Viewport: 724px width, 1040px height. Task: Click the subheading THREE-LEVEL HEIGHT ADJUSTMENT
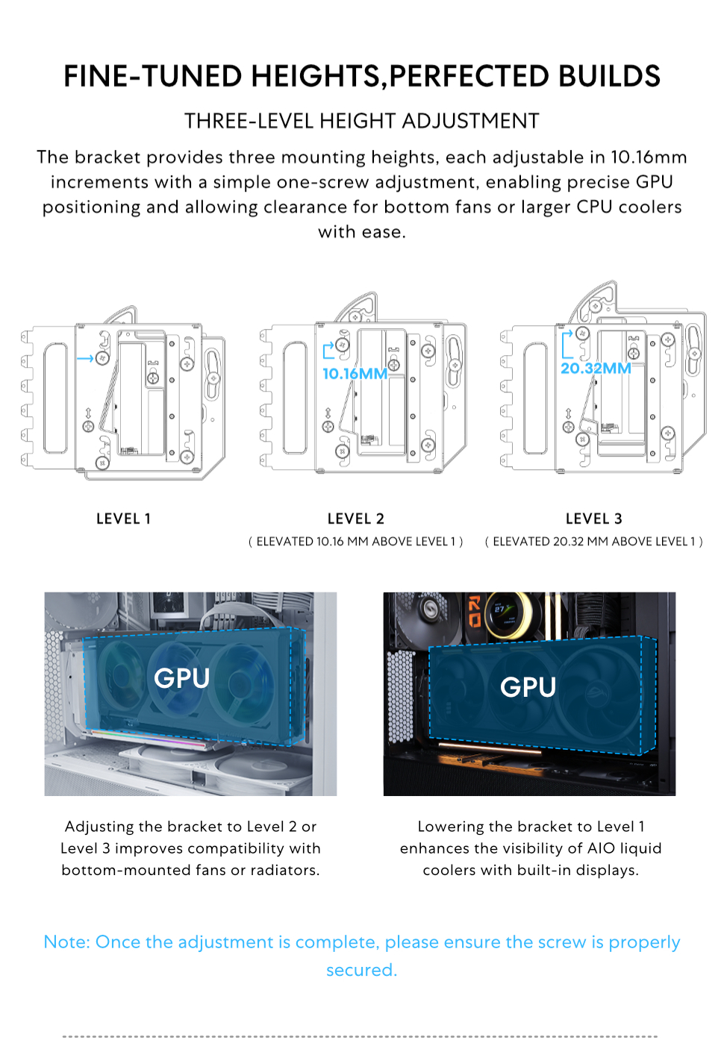(x=361, y=121)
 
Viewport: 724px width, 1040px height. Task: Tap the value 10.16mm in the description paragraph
(x=648, y=157)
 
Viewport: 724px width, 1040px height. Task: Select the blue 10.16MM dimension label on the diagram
(x=355, y=374)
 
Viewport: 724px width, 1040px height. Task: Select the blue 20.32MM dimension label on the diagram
(x=596, y=369)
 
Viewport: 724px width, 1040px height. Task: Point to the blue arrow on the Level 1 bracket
(x=85, y=358)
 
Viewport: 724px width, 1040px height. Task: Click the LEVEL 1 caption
(x=123, y=519)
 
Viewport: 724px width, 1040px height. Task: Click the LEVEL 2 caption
(x=355, y=519)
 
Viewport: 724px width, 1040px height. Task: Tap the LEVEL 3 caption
(x=593, y=519)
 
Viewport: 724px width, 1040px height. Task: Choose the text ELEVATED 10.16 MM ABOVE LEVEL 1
(x=355, y=542)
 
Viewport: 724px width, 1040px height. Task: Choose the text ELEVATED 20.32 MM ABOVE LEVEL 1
(x=593, y=542)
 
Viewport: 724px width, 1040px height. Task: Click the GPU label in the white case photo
(x=181, y=678)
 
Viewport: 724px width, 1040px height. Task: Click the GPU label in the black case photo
(x=528, y=687)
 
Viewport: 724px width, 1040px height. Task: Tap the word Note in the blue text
(x=66, y=942)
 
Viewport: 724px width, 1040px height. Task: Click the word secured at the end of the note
(x=361, y=970)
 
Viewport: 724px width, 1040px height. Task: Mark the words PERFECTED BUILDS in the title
(x=525, y=77)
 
